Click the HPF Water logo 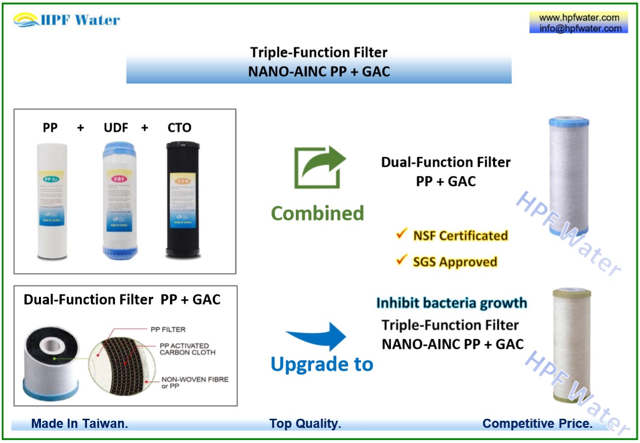(x=67, y=20)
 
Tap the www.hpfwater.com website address (x=579, y=18)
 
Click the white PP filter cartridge (x=52, y=199)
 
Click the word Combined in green (x=317, y=213)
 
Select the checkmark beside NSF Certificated (x=402, y=234)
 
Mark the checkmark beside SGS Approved (x=402, y=260)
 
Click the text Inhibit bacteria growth (x=451, y=303)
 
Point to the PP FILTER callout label (x=168, y=329)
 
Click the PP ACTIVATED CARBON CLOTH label (x=187, y=349)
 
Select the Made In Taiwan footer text (x=79, y=424)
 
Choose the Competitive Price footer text (x=537, y=424)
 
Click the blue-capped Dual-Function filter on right (x=569, y=176)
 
